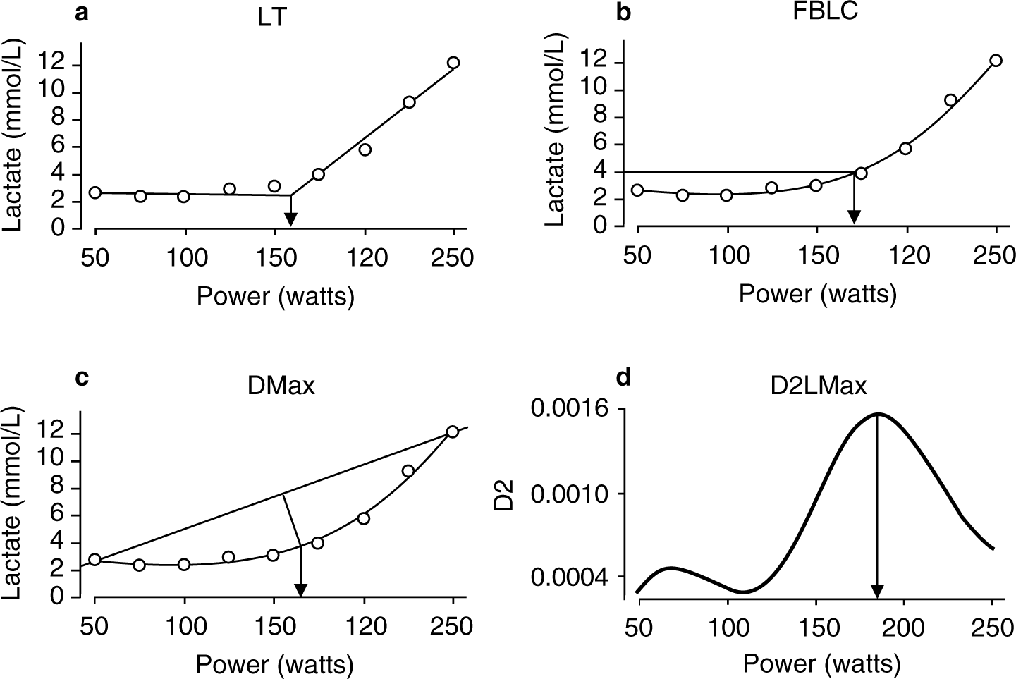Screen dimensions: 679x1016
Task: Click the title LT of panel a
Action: pos(272,17)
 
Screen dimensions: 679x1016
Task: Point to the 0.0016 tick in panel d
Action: pos(573,409)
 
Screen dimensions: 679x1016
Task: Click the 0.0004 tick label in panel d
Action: pos(573,577)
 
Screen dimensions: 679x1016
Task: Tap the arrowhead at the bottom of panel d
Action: pos(877,591)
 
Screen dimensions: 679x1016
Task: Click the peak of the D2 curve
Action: pos(878,415)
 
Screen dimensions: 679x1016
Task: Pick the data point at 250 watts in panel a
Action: pos(453,63)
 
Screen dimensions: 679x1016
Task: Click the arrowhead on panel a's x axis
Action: pos(289,219)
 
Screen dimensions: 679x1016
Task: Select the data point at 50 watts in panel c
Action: pos(95,559)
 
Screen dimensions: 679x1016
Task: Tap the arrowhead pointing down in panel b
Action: pos(854,216)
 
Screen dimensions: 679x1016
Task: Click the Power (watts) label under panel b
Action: pos(817,294)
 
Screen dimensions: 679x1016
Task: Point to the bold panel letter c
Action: pos(82,378)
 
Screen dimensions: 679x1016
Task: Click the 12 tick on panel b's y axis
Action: pos(593,63)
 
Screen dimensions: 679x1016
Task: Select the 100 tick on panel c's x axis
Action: pos(185,626)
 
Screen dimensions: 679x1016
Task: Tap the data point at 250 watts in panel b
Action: pos(996,61)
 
